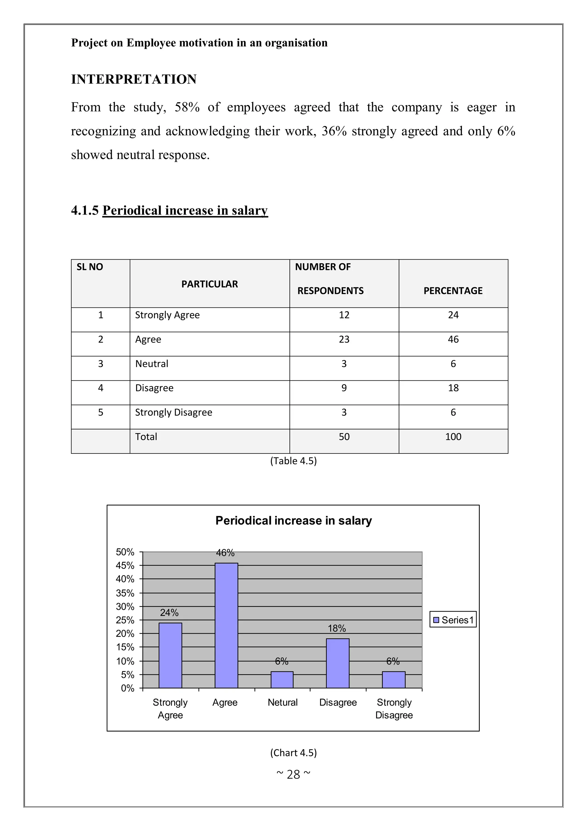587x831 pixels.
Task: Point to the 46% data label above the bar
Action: click(x=225, y=553)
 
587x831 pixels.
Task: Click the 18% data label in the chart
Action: click(x=337, y=628)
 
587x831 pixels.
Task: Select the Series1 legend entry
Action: click(x=453, y=620)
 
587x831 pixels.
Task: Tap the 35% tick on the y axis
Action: click(x=125, y=593)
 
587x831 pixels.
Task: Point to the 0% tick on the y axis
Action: click(x=128, y=688)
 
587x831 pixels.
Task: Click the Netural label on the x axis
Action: click(x=283, y=702)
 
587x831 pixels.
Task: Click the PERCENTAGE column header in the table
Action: click(x=453, y=291)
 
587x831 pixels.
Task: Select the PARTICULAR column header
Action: click(x=210, y=284)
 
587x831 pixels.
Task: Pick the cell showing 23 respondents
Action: click(x=344, y=340)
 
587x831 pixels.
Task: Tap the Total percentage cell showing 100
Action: click(x=453, y=437)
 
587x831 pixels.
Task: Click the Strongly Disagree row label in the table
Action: click(x=174, y=412)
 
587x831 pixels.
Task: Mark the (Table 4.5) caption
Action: click(x=293, y=461)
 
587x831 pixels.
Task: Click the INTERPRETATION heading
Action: click(x=134, y=79)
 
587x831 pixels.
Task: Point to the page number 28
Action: click(x=293, y=774)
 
